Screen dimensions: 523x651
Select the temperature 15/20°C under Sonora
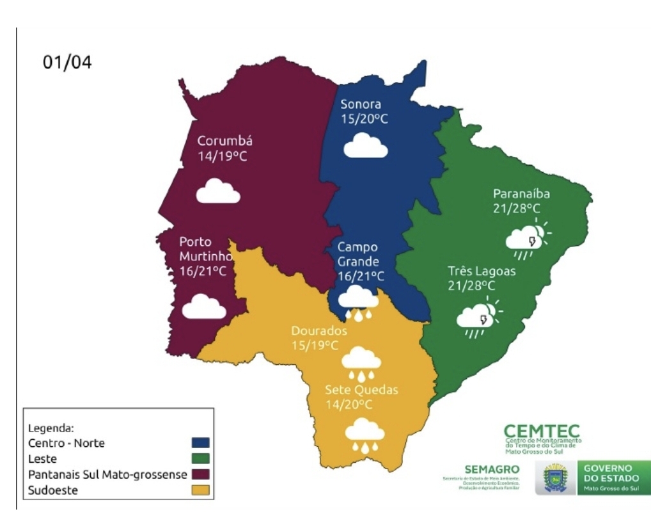pyautogui.click(x=364, y=118)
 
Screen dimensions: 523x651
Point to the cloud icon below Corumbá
pyautogui.click(x=218, y=191)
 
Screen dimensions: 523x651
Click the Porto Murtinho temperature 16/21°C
pyautogui.click(x=202, y=271)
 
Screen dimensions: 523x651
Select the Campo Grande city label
pyautogui.click(x=358, y=254)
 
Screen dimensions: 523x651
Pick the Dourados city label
pyautogui.click(x=319, y=332)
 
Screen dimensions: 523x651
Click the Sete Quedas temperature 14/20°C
pyautogui.click(x=349, y=404)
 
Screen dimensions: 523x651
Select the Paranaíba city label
pyautogui.click(x=522, y=193)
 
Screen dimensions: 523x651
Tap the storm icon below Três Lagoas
pyautogui.click(x=479, y=318)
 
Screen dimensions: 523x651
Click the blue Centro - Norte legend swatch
pyautogui.click(x=201, y=442)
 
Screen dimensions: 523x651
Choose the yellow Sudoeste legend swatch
pyautogui.click(x=201, y=492)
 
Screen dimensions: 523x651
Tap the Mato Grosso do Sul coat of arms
pyautogui.click(x=556, y=479)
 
